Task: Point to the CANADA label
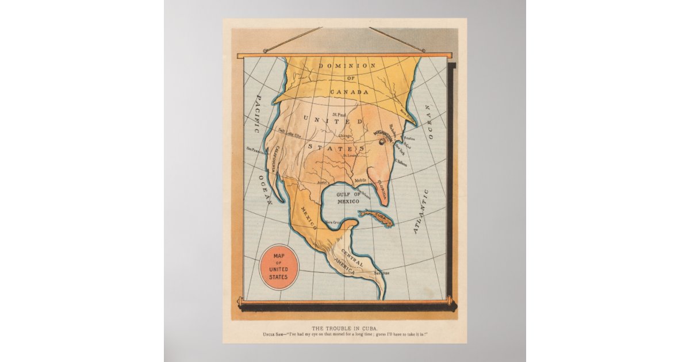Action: pyautogui.click(x=349, y=92)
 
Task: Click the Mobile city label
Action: pyautogui.click(x=361, y=180)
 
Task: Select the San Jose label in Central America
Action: pyautogui.click(x=381, y=273)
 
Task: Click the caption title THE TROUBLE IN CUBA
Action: pyautogui.click(x=344, y=329)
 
